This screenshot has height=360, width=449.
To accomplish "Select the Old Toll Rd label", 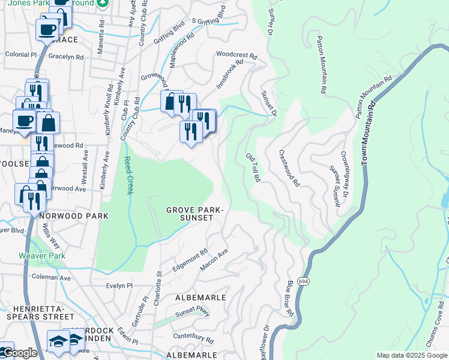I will (x=253, y=167).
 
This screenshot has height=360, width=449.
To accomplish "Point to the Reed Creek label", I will (x=128, y=175).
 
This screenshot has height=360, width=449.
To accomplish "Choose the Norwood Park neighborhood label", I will (x=74, y=215).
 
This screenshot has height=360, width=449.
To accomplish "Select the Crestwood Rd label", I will (x=289, y=169).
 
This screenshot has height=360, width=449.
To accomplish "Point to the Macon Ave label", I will (x=215, y=260).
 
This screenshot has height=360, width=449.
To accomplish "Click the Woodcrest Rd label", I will (x=237, y=53).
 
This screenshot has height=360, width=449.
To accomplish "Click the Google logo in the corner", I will (x=19, y=353).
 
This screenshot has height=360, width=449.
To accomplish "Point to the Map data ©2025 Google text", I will (x=412, y=355).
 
